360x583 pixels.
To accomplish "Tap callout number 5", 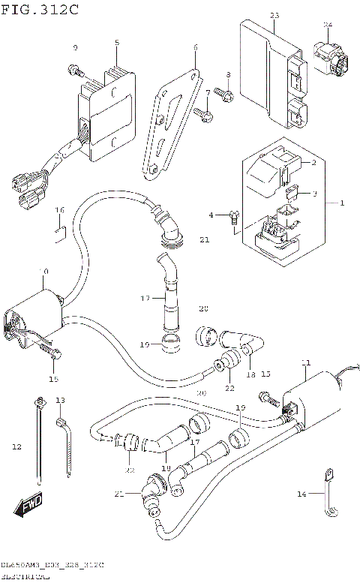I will tap(117, 44).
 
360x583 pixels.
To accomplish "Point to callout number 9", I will tap(75, 48).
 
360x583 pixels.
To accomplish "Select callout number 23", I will tap(274, 16).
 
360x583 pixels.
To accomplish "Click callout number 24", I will tap(327, 25).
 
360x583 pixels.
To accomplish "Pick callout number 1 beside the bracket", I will tap(342, 203).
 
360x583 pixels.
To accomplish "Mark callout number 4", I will tap(211, 215).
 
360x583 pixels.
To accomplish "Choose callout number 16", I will tap(60, 209).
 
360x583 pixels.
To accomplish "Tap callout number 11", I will tap(305, 363).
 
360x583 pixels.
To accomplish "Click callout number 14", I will tap(301, 493).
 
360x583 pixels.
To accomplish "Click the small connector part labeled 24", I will tap(330, 59).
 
